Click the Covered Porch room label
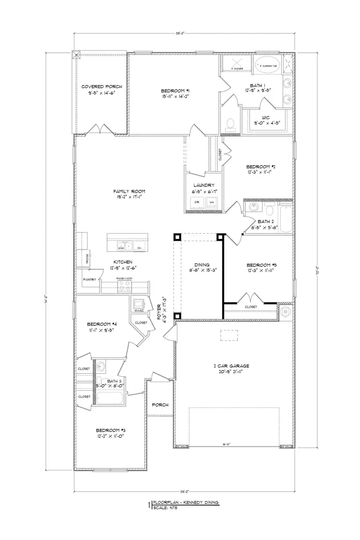pos(102,86)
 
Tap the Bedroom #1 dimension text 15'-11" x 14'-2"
pos(173,96)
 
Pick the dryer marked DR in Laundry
pos(197,202)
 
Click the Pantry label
pos(89,280)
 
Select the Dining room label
pos(202,265)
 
